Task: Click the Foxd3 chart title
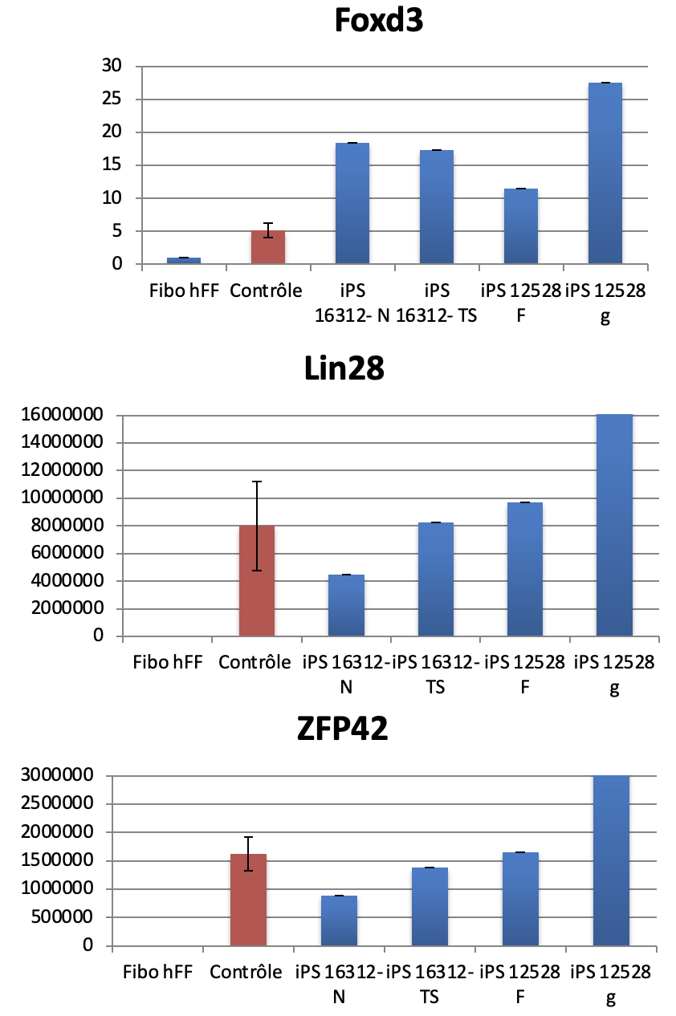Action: [x=378, y=21]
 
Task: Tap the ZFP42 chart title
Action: [x=341, y=731]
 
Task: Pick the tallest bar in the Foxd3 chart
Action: [x=605, y=173]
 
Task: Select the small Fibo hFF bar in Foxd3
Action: [x=183, y=261]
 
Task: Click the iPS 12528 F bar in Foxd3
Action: [x=520, y=226]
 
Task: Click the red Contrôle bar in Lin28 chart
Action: [x=257, y=581]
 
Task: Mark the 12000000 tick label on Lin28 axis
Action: [x=63, y=470]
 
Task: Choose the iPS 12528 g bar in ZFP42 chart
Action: [x=611, y=860]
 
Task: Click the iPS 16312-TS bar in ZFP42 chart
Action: [x=430, y=906]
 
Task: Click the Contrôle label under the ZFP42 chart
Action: [x=246, y=973]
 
